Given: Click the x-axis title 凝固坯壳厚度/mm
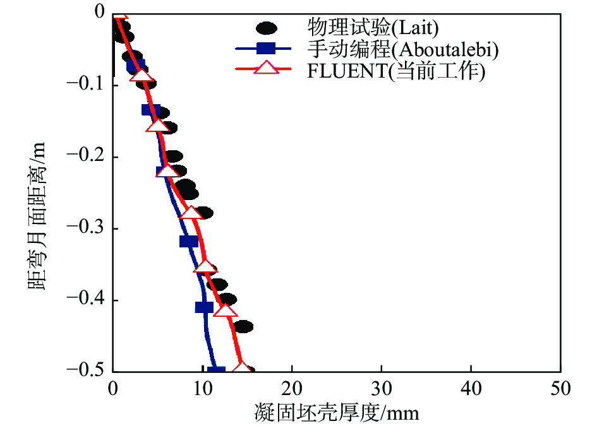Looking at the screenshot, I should click(x=336, y=413).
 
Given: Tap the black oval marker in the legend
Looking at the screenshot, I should click(x=267, y=28).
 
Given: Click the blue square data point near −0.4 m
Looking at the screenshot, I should click(x=204, y=307).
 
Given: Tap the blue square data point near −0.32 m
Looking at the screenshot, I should click(x=188, y=241).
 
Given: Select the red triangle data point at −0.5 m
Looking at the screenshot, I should click(x=241, y=368).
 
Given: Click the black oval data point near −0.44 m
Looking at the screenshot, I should click(x=243, y=327).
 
